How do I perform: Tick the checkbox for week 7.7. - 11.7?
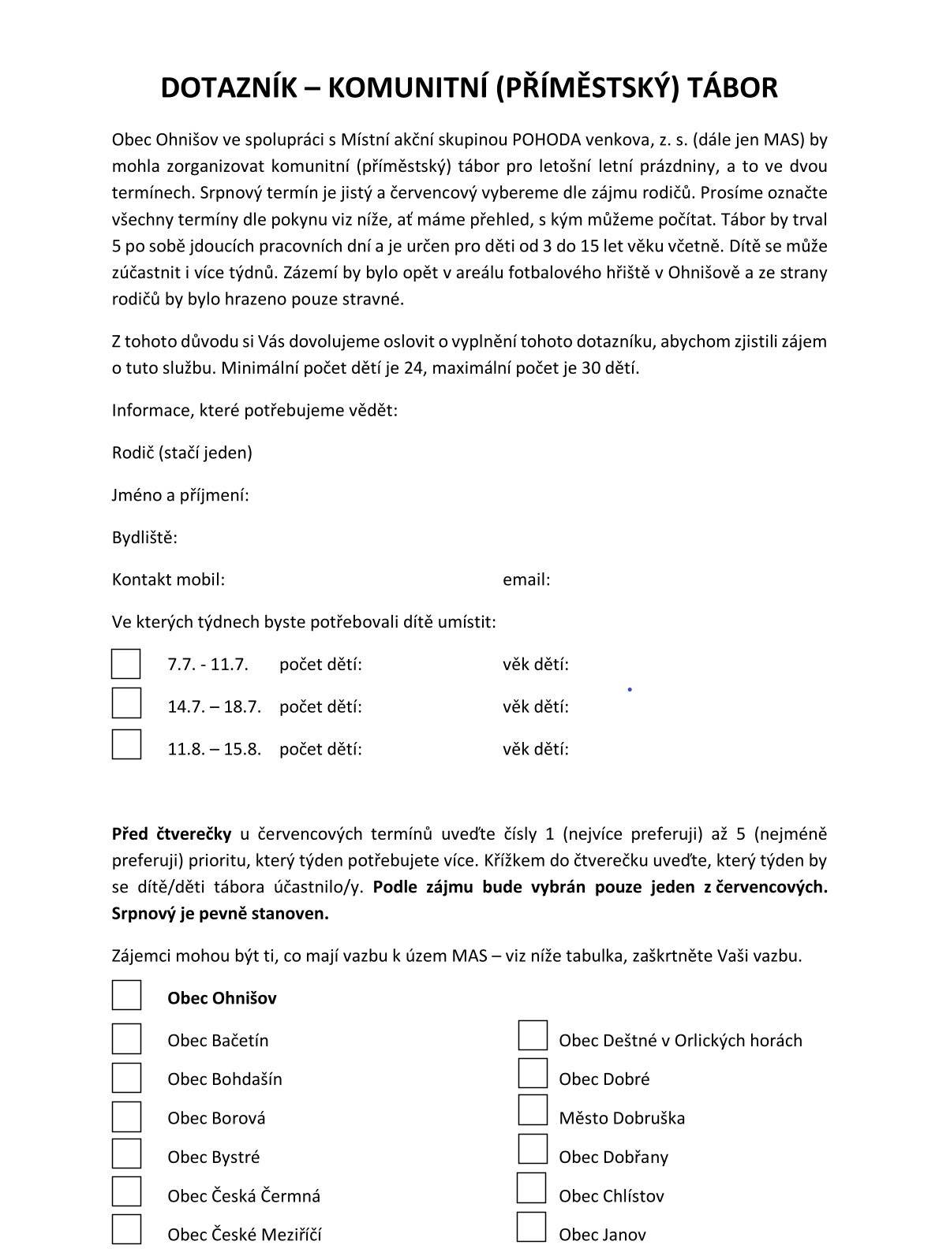click(x=126, y=664)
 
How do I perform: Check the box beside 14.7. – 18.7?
click(x=126, y=703)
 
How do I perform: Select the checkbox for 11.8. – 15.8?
click(x=126, y=744)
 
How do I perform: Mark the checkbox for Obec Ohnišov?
click(x=126, y=995)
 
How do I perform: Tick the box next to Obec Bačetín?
click(x=126, y=1039)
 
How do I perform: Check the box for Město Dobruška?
click(x=533, y=1110)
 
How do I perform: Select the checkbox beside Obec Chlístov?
click(x=532, y=1187)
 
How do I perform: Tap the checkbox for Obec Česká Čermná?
click(x=126, y=1191)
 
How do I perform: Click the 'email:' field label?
click(x=526, y=580)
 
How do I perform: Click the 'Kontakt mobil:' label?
click(x=168, y=580)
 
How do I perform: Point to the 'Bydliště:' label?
click(x=144, y=538)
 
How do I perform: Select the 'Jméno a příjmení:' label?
click(x=181, y=495)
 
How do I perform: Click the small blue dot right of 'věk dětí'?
click(x=630, y=690)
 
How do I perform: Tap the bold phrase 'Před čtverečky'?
click(x=171, y=834)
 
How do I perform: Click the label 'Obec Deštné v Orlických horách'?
click(x=680, y=1041)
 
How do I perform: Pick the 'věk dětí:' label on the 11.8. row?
click(x=536, y=749)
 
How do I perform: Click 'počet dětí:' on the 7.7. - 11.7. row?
click(x=320, y=665)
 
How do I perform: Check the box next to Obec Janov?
click(x=532, y=1227)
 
